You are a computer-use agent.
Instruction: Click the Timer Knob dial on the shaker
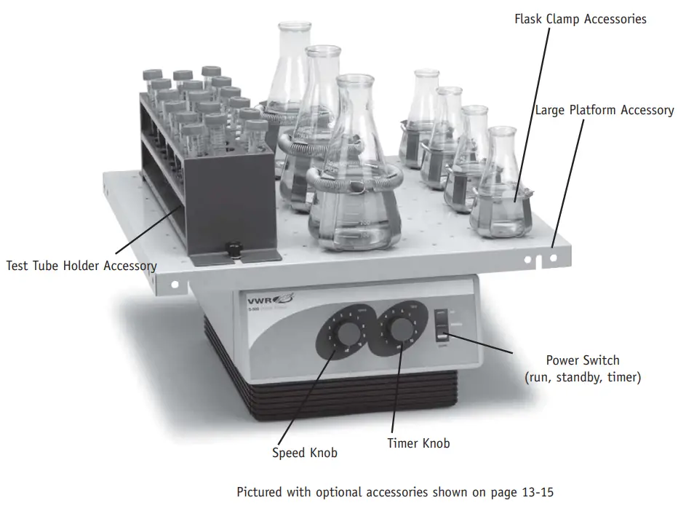pos(399,333)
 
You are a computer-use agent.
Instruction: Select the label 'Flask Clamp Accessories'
pos(580,19)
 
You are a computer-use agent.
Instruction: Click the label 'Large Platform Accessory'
pos(605,110)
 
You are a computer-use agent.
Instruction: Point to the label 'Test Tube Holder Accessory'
pos(81,266)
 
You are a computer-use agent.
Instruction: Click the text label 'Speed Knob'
pos(305,453)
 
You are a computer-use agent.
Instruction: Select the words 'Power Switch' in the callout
pos(583,360)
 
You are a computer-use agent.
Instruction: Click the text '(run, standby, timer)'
pos(583,378)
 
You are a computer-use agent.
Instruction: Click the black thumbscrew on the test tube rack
pos(234,250)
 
